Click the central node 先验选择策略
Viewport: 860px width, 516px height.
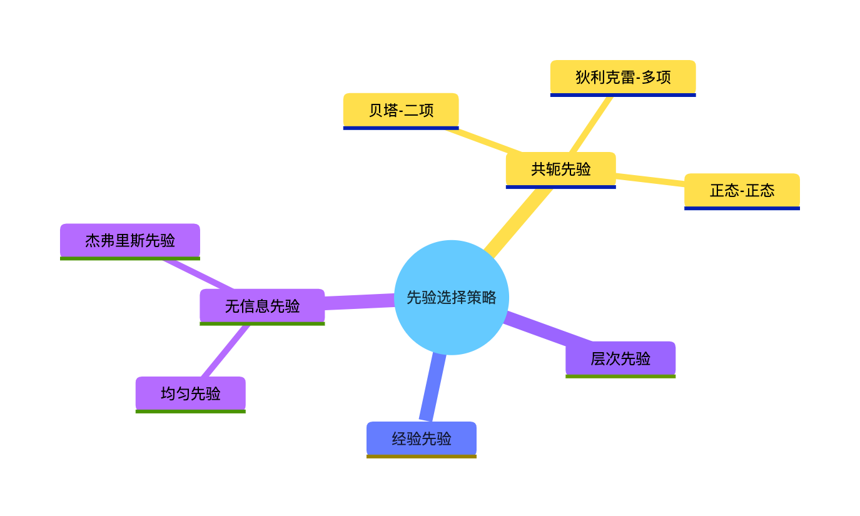[x=451, y=297]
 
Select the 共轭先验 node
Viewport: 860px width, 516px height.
[x=560, y=169]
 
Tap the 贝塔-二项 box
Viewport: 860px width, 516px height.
[x=401, y=110]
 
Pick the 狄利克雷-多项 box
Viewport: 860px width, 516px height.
[x=623, y=77]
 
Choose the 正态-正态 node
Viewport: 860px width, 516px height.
[x=742, y=190]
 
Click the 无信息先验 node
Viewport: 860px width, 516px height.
[x=262, y=306]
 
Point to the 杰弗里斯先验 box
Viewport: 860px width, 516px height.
[x=130, y=240]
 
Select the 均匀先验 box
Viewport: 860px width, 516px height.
[x=190, y=393]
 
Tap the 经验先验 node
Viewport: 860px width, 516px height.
[x=421, y=438]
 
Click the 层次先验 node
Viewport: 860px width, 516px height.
[x=620, y=358]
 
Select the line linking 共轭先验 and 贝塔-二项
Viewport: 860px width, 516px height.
[x=483, y=140]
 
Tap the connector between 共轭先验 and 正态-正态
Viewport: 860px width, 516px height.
[x=650, y=180]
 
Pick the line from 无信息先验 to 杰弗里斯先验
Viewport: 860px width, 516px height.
[x=197, y=274]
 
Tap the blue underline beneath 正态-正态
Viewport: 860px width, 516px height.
[x=742, y=208]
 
